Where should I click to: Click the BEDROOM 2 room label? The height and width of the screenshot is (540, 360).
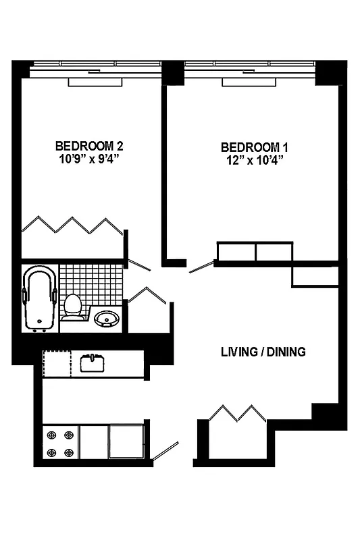(88, 146)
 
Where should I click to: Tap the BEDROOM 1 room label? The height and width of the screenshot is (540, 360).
(251, 147)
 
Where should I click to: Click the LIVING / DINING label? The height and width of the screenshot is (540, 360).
(263, 352)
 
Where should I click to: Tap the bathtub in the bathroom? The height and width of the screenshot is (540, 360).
(39, 299)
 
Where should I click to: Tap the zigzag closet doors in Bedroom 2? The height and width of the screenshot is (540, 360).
(72, 225)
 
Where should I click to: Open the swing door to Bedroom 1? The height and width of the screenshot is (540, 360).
(201, 268)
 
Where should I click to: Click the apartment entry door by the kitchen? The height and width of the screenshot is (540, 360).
(165, 452)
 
